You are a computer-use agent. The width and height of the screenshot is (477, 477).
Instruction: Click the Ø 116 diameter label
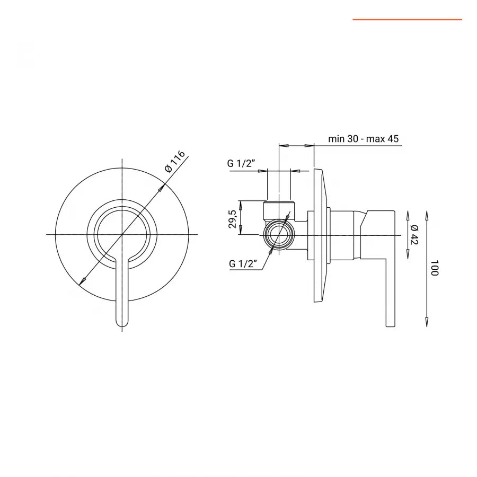[x=175, y=161]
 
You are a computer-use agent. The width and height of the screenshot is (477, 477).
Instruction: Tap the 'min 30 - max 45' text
[x=363, y=139]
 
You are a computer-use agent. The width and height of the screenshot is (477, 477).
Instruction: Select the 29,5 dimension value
[x=232, y=218]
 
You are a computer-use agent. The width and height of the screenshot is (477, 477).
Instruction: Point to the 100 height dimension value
[x=435, y=268]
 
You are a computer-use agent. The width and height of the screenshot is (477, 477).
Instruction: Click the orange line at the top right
[x=407, y=20]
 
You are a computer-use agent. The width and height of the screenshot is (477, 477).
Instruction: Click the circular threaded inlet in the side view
[x=279, y=235]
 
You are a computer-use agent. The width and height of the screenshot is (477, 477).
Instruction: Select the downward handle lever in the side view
[x=390, y=276]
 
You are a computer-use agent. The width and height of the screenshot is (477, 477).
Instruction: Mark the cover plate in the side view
[x=319, y=236]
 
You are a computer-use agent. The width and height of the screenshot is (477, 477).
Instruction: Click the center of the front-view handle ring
[x=122, y=234]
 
